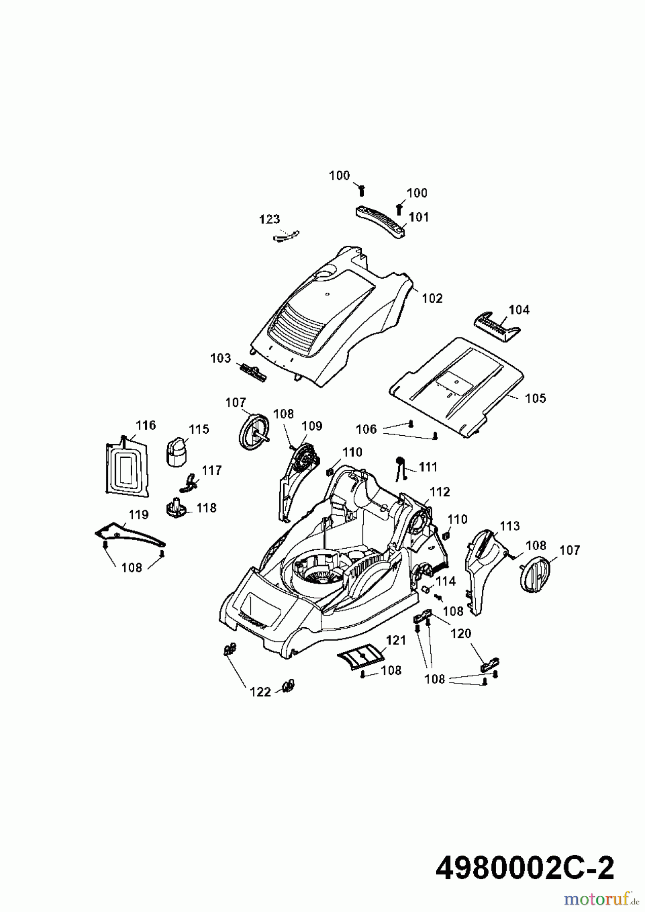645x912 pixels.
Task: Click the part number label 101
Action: (419, 217)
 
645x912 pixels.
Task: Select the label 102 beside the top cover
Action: (432, 298)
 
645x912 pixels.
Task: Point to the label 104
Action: (519, 309)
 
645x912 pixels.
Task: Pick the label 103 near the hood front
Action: (220, 358)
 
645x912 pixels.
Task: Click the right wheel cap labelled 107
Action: (537, 573)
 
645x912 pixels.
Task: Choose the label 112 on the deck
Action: (440, 491)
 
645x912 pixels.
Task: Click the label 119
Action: (138, 515)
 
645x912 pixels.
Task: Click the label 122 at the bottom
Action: (260, 692)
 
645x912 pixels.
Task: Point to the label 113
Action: (509, 526)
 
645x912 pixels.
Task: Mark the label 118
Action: (207, 508)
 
